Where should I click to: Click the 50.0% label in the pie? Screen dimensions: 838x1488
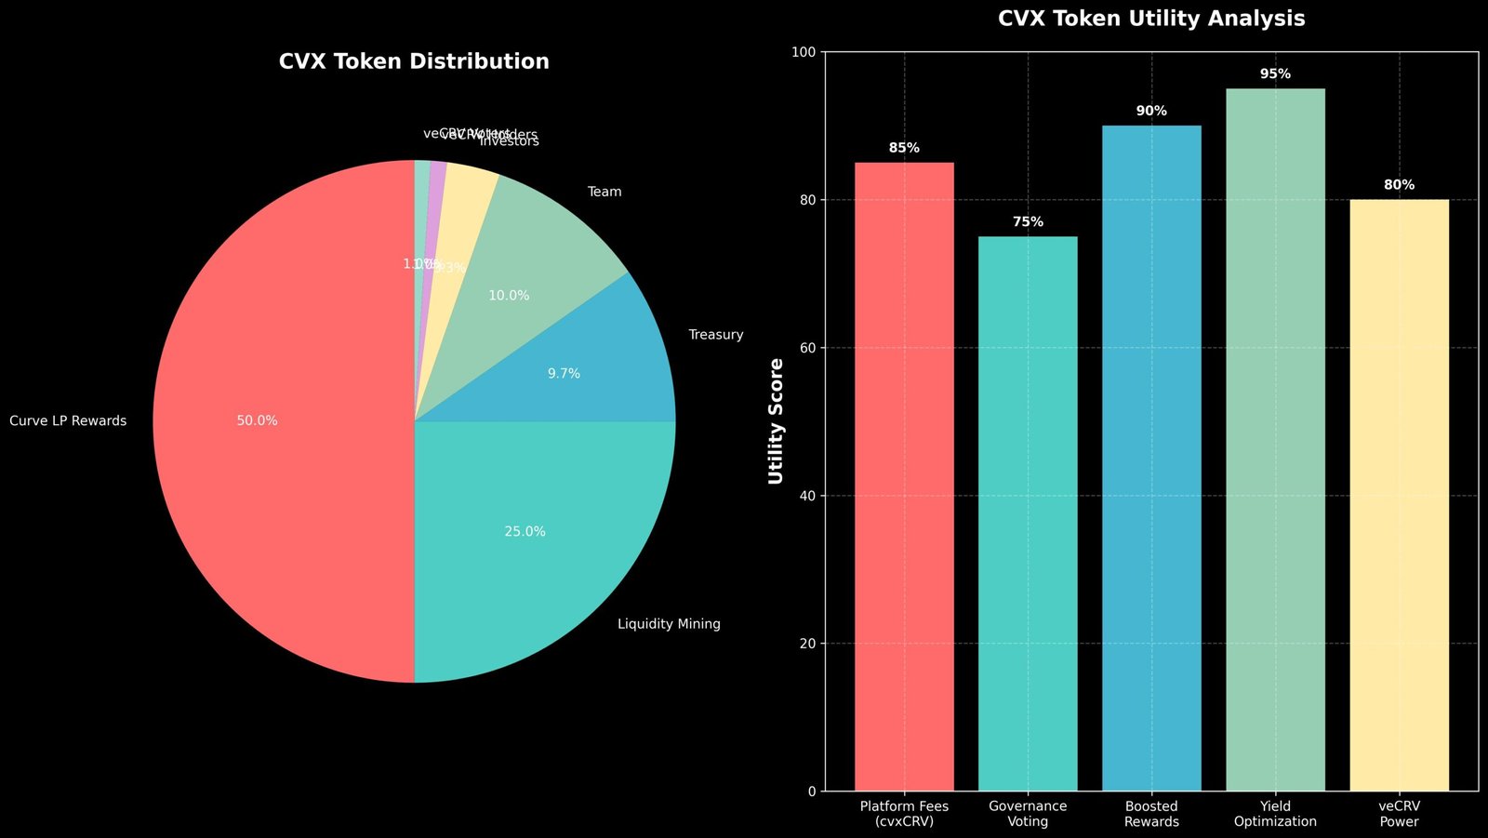(x=257, y=420)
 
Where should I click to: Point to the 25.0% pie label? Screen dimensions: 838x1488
(x=525, y=532)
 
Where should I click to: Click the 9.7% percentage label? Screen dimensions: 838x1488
(x=564, y=374)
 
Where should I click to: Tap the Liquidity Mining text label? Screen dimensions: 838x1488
(x=669, y=624)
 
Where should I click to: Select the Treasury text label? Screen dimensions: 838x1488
(x=715, y=335)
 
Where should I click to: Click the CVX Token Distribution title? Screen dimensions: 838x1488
(x=414, y=61)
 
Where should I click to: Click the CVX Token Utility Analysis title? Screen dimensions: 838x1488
(x=1151, y=19)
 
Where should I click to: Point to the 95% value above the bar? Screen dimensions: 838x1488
(x=1275, y=73)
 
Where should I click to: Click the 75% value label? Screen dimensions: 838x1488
(x=1028, y=222)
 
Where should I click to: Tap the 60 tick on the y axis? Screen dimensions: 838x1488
(x=806, y=348)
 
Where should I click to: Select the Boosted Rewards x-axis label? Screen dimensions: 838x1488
(x=1151, y=814)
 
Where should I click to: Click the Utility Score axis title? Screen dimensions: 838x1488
(x=777, y=421)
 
